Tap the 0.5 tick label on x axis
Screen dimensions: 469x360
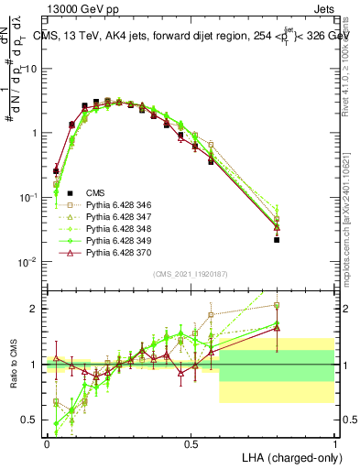coord(191,444)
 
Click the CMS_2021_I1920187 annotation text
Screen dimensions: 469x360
coord(191,274)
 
